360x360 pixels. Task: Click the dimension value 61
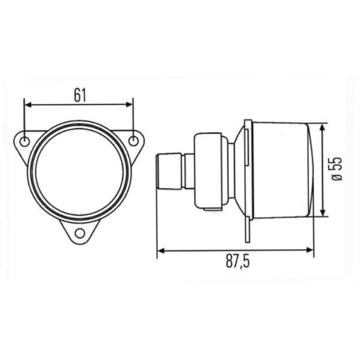80,96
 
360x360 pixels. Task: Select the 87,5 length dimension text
238,261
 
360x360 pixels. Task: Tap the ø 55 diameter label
337,169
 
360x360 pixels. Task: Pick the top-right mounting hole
134,141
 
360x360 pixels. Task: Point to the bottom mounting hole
80,233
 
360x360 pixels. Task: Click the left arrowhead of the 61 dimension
28,104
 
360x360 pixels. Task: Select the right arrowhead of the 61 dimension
129,104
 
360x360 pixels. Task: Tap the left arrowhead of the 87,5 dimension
161,250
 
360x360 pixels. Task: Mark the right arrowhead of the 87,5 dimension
310,250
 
